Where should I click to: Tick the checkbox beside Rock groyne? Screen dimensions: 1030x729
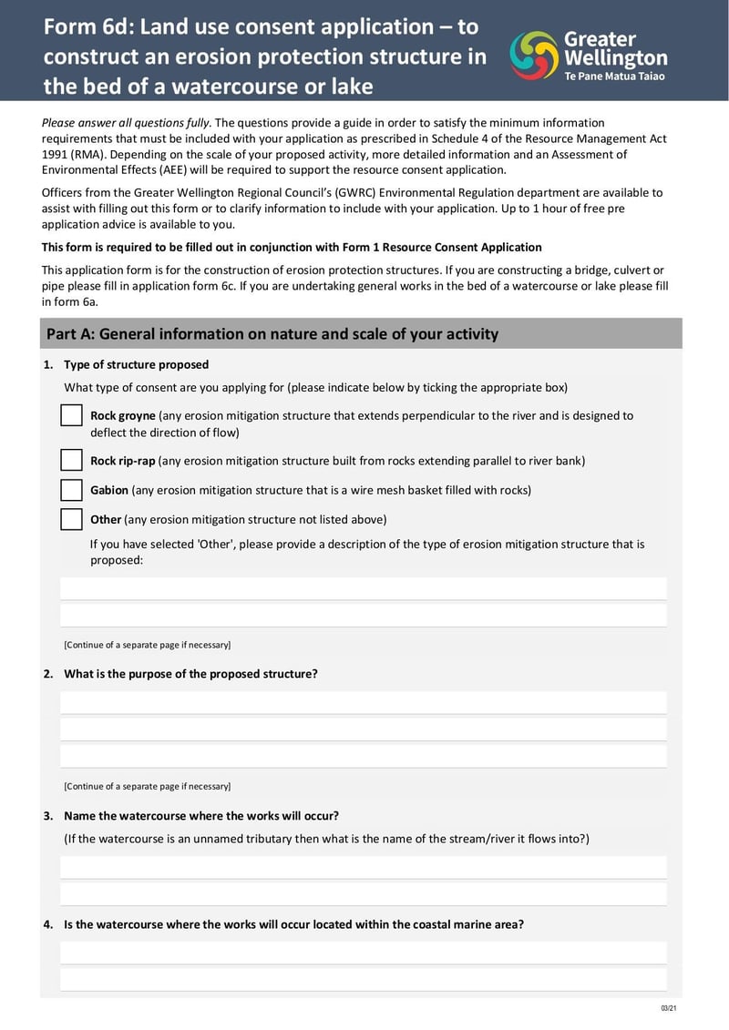tap(72, 415)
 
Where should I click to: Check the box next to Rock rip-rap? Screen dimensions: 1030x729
tap(72, 460)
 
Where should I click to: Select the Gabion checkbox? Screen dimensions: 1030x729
tap(72, 490)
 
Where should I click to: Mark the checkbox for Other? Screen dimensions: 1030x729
tap(72, 519)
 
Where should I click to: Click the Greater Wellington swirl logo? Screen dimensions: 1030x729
tap(533, 56)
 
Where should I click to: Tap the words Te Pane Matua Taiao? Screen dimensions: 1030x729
tap(614, 76)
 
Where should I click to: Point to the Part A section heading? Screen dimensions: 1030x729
tap(272, 333)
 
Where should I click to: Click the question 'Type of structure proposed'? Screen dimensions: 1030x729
tap(136, 364)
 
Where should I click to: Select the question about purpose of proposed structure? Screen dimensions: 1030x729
tap(190, 674)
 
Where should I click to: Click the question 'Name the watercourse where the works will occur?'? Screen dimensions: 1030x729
tap(200, 816)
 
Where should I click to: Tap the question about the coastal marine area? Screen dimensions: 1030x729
tap(293, 924)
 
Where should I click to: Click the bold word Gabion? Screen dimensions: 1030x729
tap(109, 490)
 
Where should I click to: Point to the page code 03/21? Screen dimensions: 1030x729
tap(668, 1008)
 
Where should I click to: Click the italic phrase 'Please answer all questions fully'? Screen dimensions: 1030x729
tap(127, 122)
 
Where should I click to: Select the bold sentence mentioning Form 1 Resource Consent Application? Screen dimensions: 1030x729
tap(292, 247)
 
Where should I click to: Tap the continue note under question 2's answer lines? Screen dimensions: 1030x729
tap(147, 786)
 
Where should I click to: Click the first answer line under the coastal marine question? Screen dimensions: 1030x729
tap(363, 954)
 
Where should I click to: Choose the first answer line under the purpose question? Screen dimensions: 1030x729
tap(363, 703)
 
